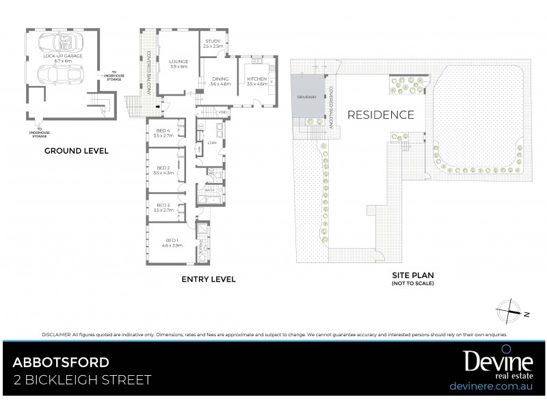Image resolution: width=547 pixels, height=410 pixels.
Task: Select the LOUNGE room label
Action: pyautogui.click(x=178, y=64)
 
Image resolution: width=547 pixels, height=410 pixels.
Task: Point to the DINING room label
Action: pyautogui.click(x=220, y=80)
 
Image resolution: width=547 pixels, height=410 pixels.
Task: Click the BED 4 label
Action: pyautogui.click(x=163, y=133)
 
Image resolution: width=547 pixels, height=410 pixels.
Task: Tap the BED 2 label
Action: pyautogui.click(x=163, y=170)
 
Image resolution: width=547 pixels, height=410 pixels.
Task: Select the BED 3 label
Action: pyautogui.click(x=163, y=208)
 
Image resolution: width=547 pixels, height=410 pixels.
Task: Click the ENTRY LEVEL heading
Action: pyautogui.click(x=209, y=279)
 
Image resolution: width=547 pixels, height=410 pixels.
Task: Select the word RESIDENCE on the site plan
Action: pyautogui.click(x=381, y=115)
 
